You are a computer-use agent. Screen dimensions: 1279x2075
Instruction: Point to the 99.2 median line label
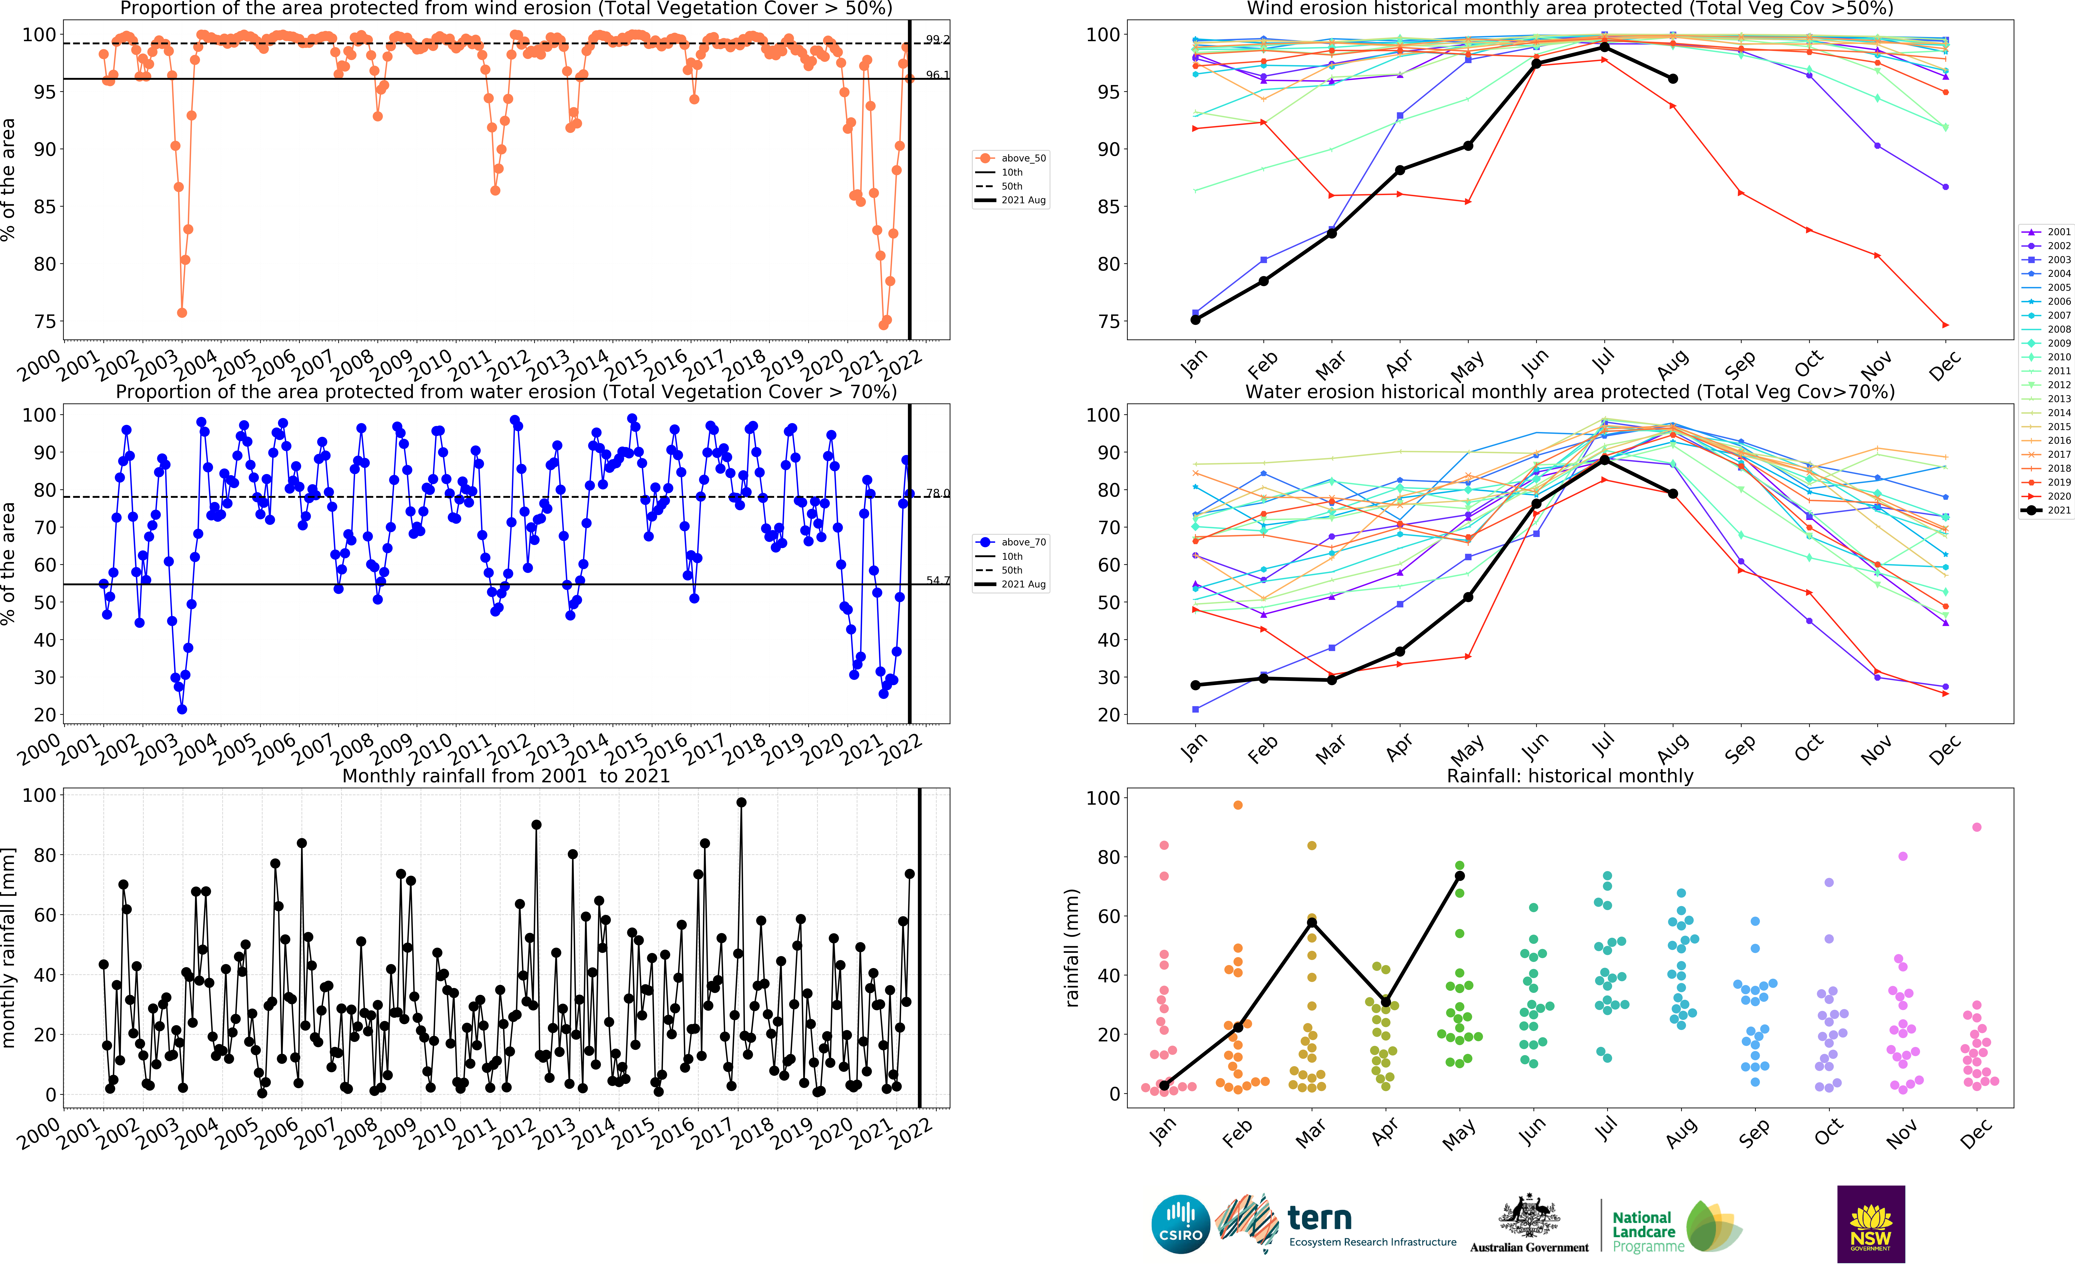pos(937,40)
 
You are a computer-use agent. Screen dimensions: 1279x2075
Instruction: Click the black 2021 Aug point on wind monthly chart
pos(1673,79)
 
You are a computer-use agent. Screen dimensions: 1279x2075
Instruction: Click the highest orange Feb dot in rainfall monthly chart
pos(1238,805)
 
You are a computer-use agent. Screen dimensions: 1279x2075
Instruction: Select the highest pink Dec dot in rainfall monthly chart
pos(1977,827)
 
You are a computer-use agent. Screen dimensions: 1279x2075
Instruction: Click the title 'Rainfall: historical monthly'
pos(1570,776)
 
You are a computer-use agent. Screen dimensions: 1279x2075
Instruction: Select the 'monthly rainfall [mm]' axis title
pos(9,948)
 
